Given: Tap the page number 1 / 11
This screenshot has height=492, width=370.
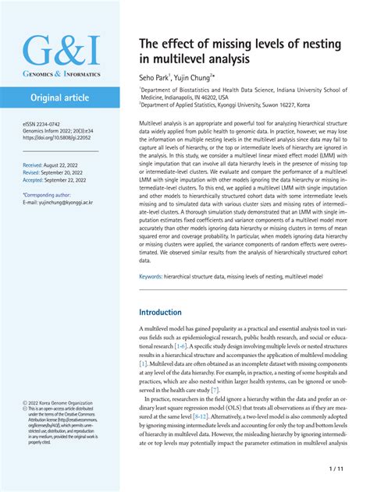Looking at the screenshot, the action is click(337, 470).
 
